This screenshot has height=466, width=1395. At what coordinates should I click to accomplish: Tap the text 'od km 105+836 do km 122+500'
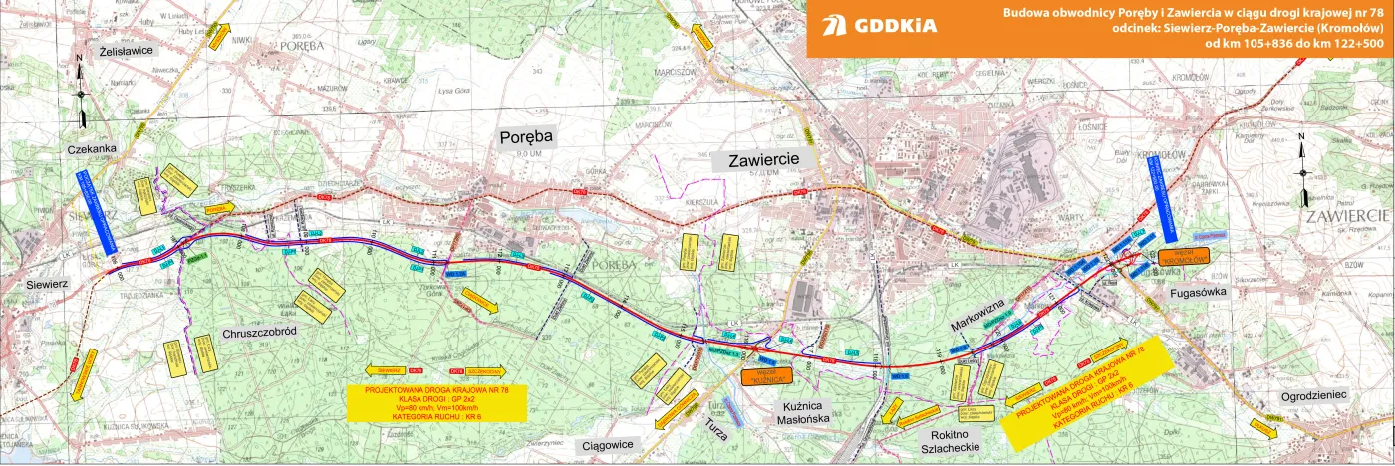[x=1294, y=45]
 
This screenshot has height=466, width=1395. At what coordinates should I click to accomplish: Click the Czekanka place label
[x=93, y=149]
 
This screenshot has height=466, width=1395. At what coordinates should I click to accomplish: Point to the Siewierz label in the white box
[x=40, y=285]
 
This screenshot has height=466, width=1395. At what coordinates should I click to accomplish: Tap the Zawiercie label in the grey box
[x=764, y=159]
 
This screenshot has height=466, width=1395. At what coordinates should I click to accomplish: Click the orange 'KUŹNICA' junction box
[x=766, y=375]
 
